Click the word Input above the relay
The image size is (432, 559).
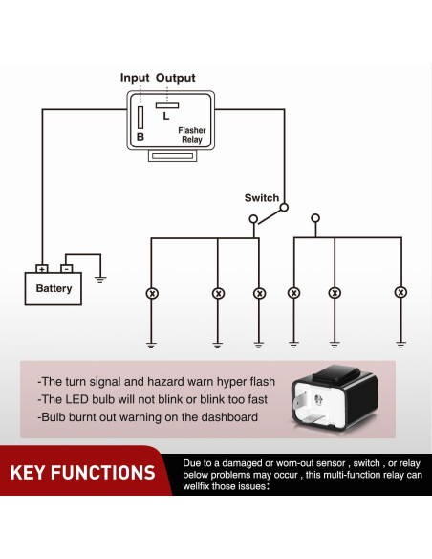tap(136, 78)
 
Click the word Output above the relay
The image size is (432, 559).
tap(175, 78)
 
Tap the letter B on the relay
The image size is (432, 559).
tap(140, 136)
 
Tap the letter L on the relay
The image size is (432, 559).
tap(166, 116)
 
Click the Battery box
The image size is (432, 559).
tap(54, 288)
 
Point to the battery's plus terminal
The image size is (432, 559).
tap(41, 269)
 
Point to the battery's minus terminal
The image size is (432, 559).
tap(66, 269)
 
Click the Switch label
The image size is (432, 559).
tap(261, 198)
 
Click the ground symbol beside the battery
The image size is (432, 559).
tap(100, 279)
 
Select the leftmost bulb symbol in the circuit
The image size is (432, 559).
tap(151, 292)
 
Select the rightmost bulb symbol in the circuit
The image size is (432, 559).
tap(400, 292)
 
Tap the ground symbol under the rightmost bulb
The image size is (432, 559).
tap(400, 343)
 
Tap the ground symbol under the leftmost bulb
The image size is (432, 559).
tap(151, 343)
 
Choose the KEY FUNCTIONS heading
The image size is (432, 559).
tap(82, 473)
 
